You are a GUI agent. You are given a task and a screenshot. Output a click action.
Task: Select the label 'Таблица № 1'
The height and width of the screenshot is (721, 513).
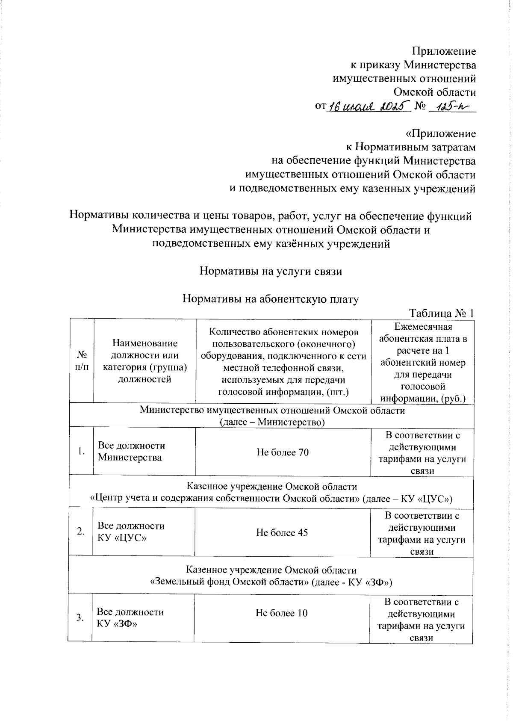pos(442,313)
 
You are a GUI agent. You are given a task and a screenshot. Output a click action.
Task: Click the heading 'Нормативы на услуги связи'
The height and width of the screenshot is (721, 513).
pos(271,272)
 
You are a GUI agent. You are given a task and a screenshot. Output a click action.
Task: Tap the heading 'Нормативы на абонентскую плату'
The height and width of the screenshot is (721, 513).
pos(270,299)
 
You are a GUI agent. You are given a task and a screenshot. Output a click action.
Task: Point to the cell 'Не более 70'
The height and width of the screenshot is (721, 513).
pos(283,452)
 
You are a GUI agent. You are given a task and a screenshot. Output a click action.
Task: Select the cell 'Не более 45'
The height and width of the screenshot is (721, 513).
pos(282,533)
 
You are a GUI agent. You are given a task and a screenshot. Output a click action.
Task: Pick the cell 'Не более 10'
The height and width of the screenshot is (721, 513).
pos(282,613)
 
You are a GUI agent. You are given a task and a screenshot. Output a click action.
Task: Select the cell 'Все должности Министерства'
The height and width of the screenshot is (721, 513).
pos(131,452)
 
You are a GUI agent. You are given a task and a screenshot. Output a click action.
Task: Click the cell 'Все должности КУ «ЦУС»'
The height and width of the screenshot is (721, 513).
pos(131,532)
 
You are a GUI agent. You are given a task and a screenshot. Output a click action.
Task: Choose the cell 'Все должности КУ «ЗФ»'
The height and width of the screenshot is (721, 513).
pos(130,618)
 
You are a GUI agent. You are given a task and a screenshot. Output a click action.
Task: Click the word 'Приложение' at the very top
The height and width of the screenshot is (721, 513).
pos(443,52)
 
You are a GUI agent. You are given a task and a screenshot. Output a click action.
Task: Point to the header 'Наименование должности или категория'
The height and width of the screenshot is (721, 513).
pos(144,361)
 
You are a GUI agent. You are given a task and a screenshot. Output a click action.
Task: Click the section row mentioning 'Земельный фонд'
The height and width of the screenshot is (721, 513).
pos(271,576)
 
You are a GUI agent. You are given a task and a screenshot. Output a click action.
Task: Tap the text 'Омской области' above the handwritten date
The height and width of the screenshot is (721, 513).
pos(434,92)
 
